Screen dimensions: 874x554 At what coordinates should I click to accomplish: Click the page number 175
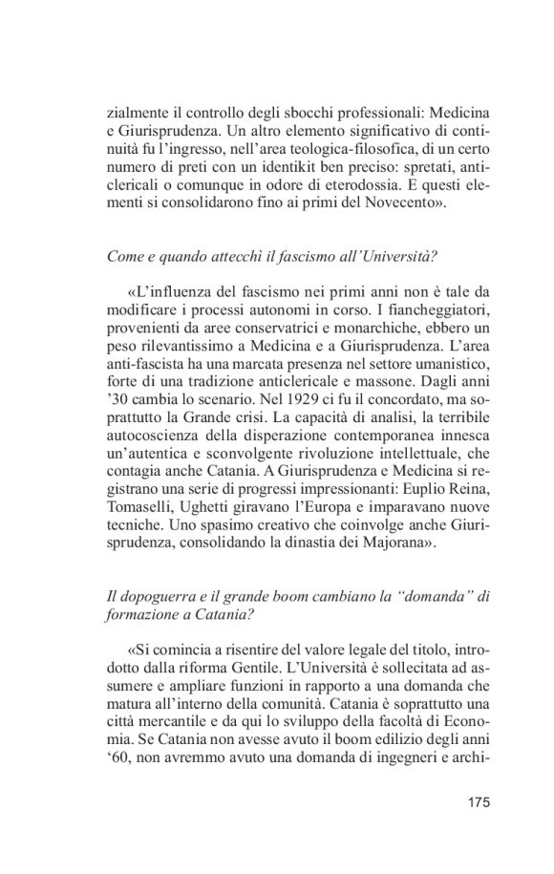(x=479, y=801)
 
